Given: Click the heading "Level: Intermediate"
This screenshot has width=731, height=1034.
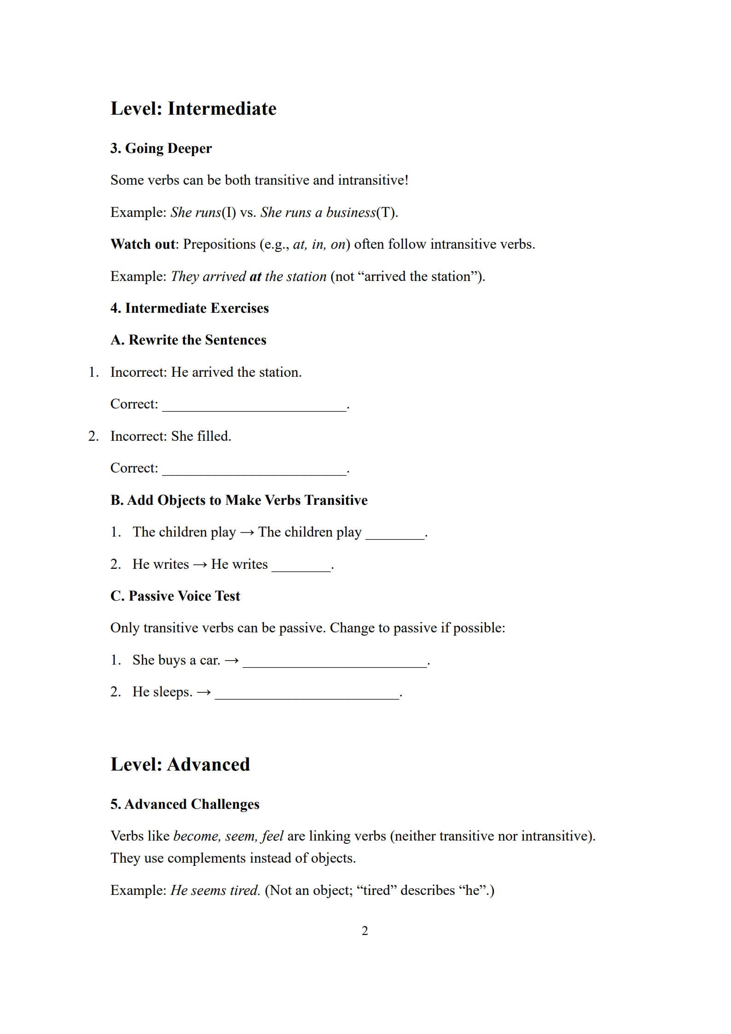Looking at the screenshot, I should coord(193,109).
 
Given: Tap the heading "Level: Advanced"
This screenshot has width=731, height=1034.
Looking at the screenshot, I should coord(180,765).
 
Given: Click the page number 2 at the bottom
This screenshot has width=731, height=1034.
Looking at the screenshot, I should coord(365,931).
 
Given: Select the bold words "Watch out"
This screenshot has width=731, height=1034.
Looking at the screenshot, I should coord(143,244).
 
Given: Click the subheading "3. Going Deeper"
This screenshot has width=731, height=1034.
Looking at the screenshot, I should coord(161,148).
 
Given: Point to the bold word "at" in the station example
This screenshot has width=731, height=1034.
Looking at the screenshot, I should coord(255,276).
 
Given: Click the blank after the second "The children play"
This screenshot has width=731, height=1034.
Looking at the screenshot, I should coord(395,534).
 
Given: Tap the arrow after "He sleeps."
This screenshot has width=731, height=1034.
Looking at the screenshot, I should coord(204,692).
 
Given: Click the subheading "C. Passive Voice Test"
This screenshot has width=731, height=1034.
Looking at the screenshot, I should coord(175,596).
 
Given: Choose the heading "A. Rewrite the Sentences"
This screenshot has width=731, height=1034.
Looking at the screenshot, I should coord(188,340).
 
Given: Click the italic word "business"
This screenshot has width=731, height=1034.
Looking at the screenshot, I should coord(351,212).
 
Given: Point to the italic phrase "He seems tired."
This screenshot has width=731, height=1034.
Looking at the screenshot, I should coord(215,890).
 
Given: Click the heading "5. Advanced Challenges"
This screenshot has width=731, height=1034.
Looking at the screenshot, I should coord(185,804).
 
